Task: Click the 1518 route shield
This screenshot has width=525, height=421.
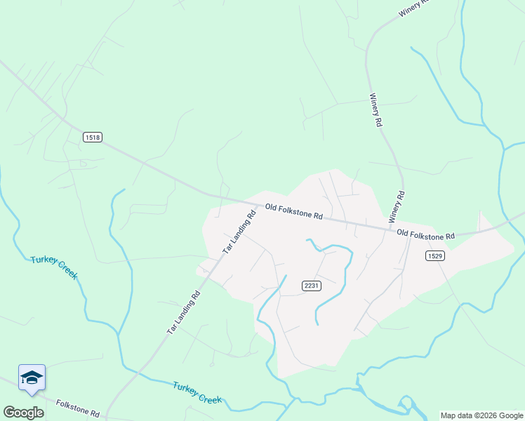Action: click(92, 138)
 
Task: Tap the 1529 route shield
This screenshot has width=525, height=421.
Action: click(434, 256)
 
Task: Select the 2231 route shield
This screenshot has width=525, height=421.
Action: click(312, 285)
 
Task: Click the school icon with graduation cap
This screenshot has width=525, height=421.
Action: click(32, 378)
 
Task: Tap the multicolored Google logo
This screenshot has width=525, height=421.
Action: click(23, 413)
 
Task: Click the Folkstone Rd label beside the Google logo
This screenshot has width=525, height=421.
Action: click(78, 408)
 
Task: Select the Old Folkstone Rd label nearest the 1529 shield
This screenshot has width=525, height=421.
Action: click(425, 234)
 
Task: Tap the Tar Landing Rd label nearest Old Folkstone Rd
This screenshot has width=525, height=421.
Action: click(239, 230)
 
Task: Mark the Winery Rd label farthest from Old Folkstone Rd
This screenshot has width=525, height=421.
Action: click(416, 8)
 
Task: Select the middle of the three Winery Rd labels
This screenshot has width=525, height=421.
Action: click(376, 110)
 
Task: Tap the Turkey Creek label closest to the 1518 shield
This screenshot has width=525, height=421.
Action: click(54, 267)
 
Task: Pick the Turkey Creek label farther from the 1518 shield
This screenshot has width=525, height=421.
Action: click(197, 392)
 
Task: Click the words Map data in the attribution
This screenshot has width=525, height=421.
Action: click(457, 415)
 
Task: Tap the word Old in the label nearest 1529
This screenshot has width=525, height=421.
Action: click(403, 232)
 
